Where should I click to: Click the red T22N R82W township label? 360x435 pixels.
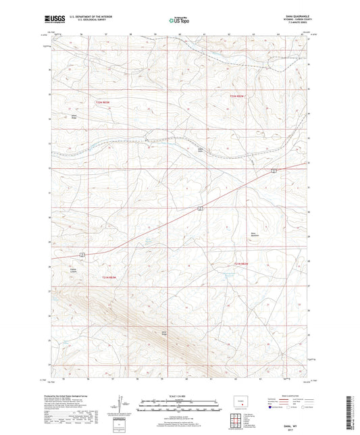[240, 99]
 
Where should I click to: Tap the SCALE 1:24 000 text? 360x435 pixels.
[179, 394]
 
